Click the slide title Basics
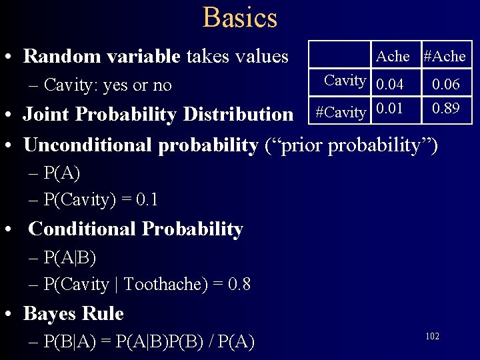pos(240,17)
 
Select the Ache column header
pos(393,57)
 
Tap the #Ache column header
pos(445,57)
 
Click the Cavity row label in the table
pos(345,81)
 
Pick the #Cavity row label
pos(340,112)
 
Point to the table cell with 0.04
pos(389,85)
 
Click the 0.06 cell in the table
pos(445,85)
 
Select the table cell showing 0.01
pos(389,109)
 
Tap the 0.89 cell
pos(445,109)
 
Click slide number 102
pos(432,337)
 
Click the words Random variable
pos(101,57)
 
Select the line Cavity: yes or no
pos(107,85)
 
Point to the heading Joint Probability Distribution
pos(158,115)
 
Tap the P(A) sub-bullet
pos(61,174)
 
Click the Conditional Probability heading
pos(135,229)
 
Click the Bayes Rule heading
pos(73,313)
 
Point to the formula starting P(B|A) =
pos(148,342)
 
